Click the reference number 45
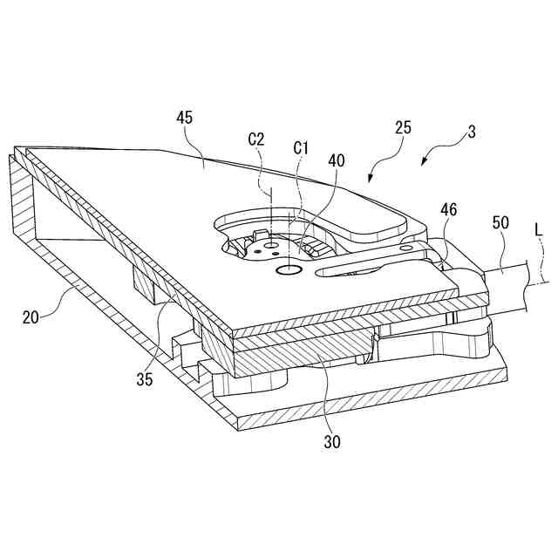[184, 117]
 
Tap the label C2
[257, 139]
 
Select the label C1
[302, 147]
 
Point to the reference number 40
[337, 161]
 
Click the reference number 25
[403, 128]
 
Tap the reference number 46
[447, 210]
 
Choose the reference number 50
[500, 223]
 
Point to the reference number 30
[331, 441]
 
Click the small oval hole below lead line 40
[287, 271]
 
